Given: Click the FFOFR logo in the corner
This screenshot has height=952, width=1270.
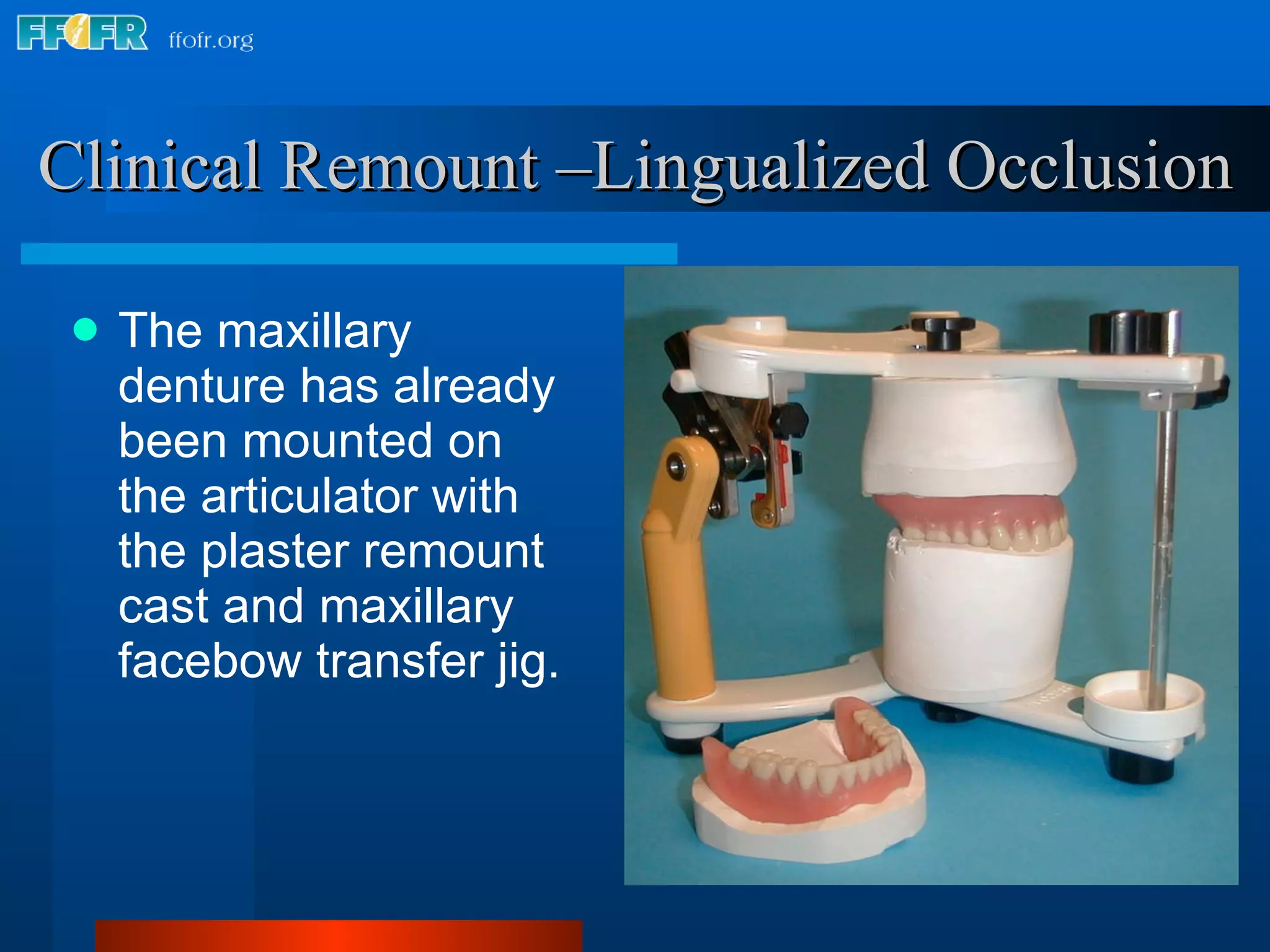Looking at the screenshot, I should click(x=82, y=34).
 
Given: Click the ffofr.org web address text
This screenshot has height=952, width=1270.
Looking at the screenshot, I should click(x=211, y=40).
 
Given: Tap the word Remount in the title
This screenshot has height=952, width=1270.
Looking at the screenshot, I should click(x=410, y=166).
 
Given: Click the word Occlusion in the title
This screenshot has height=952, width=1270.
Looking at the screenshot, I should click(x=1089, y=166).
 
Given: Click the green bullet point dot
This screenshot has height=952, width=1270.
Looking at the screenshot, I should click(x=86, y=330).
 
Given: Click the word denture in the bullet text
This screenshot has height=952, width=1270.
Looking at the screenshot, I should click(x=202, y=386).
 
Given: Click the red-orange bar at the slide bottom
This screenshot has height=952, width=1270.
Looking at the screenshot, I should click(x=339, y=936).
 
